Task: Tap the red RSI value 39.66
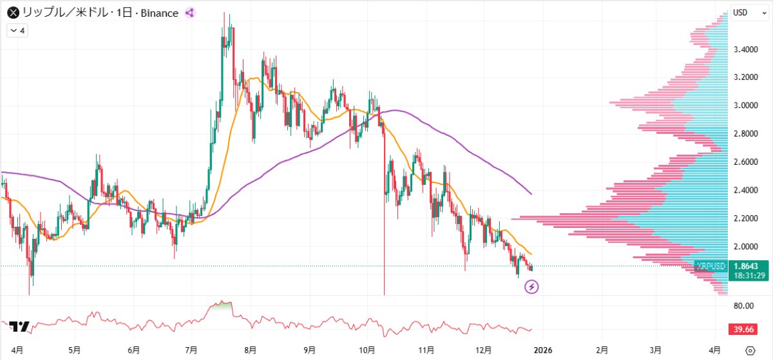pyautogui.click(x=746, y=330)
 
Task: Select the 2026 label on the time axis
pyautogui.click(x=542, y=350)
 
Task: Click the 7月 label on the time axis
pyautogui.click(x=191, y=350)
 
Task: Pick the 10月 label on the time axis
pyautogui.click(x=367, y=350)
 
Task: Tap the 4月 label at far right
pyautogui.click(x=714, y=350)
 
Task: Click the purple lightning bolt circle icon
pyautogui.click(x=532, y=287)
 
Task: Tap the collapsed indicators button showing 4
pyautogui.click(x=17, y=30)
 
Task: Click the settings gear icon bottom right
pyautogui.click(x=749, y=350)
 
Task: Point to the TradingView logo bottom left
pyautogui.click(x=20, y=327)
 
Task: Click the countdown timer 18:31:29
pyautogui.click(x=749, y=276)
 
